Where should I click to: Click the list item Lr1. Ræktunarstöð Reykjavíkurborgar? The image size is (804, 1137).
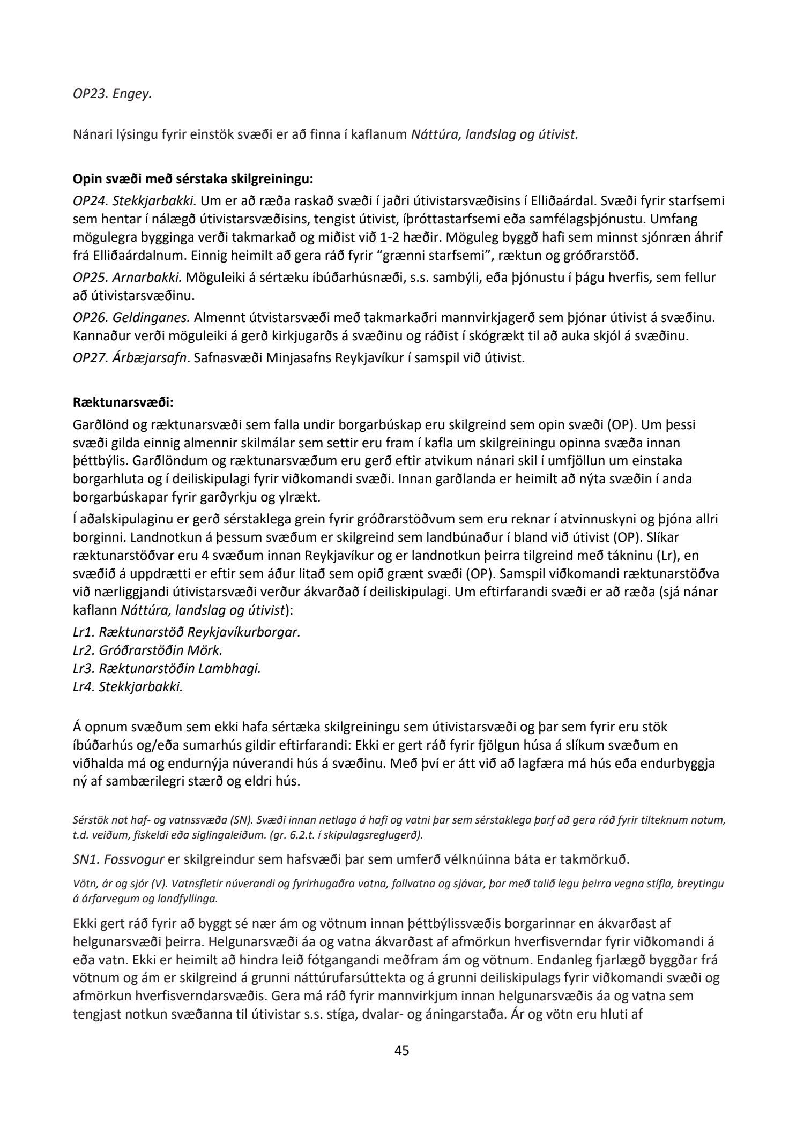[x=187, y=631]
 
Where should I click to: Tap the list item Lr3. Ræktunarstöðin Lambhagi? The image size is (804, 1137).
[x=167, y=668]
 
